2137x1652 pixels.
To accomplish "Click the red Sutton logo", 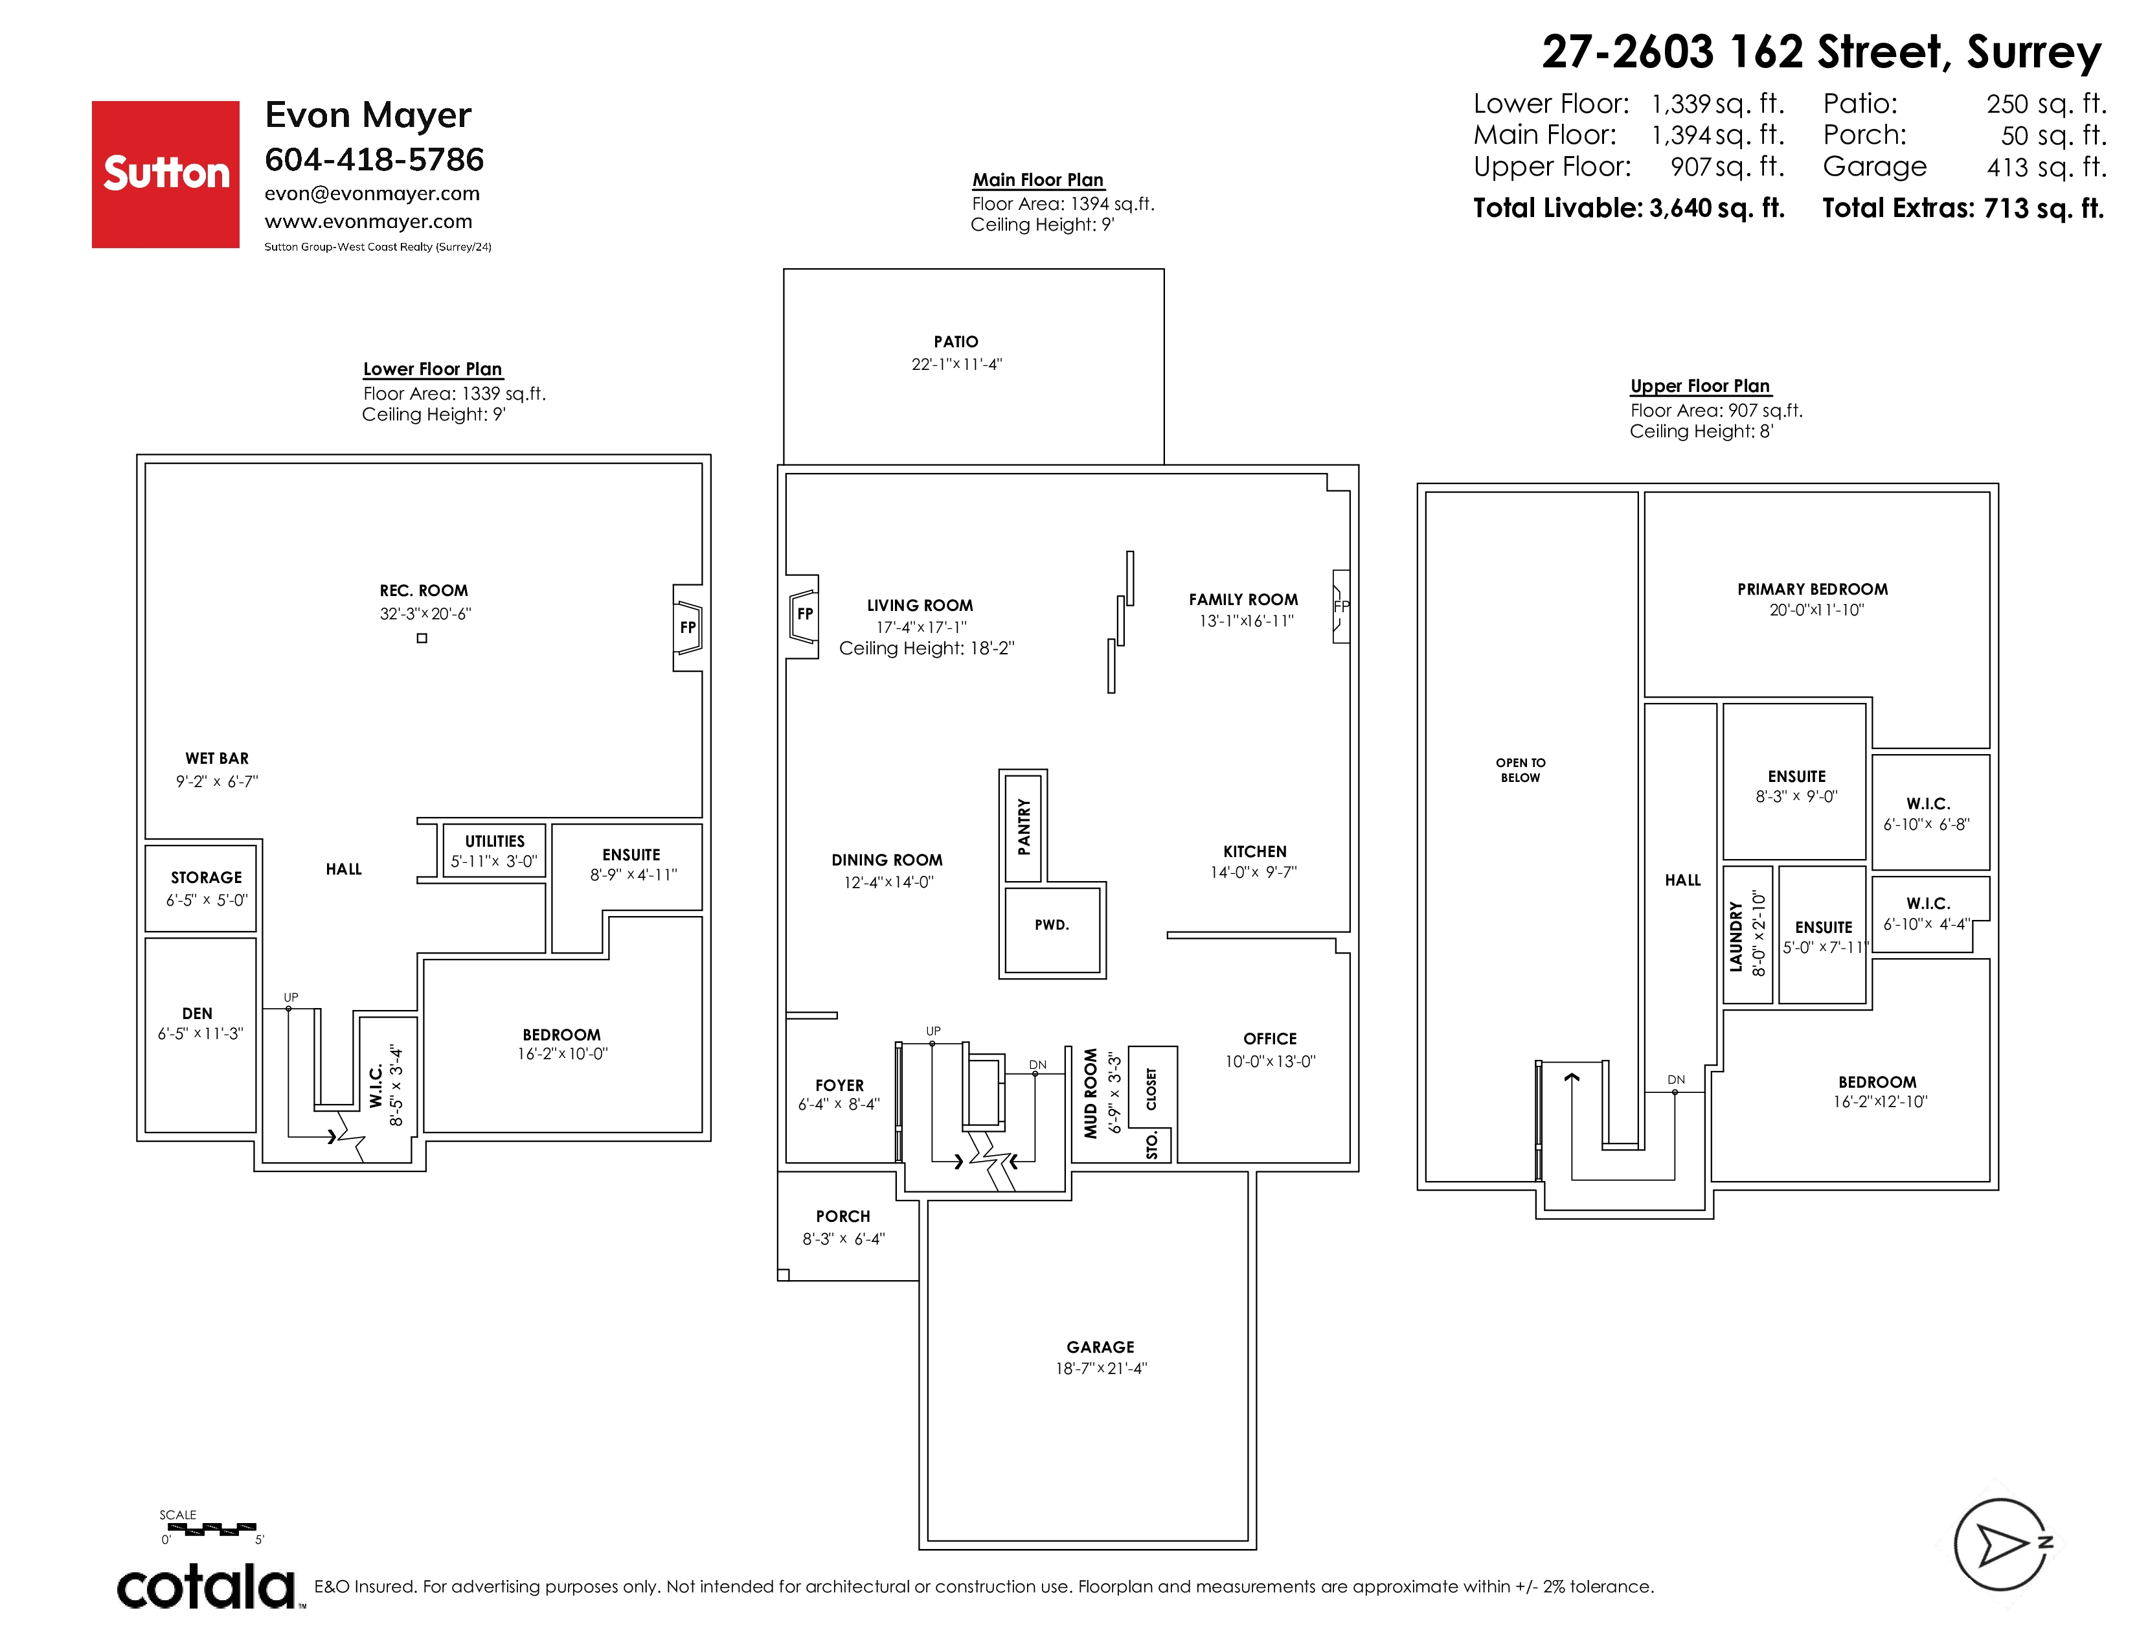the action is [x=165, y=174].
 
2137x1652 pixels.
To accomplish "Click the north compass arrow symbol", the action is [x=2002, y=1545].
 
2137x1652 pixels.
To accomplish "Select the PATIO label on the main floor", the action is [x=956, y=341].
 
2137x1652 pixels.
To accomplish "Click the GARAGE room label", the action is [x=1101, y=1347].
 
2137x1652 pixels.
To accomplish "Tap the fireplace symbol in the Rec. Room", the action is [x=688, y=627].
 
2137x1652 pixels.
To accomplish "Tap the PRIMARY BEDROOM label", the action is [x=1812, y=589].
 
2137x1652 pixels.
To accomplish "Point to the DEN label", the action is [x=197, y=1013].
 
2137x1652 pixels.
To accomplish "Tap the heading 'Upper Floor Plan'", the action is [x=1701, y=385].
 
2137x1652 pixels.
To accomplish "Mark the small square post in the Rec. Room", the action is [x=422, y=638].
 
